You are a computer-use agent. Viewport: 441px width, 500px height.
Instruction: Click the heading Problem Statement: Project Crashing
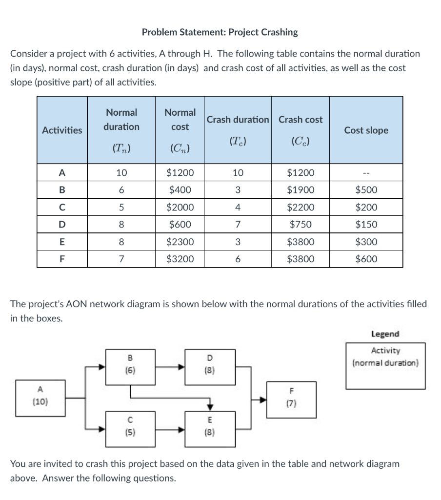220,32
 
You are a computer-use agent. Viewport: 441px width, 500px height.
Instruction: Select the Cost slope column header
366,130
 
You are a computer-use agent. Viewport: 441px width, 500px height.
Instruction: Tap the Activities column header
62,130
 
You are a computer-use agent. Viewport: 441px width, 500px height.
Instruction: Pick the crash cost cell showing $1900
301,190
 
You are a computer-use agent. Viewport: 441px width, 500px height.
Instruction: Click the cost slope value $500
366,190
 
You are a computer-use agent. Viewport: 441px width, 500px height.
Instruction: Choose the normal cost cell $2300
180,242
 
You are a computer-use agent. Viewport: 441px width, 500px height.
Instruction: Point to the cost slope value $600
366,259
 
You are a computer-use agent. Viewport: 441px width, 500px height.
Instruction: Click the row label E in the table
62,242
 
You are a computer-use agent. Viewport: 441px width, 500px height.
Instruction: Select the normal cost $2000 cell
180,207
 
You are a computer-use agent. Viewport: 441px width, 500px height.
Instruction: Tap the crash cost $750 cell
301,225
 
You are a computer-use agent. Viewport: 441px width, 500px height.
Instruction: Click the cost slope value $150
366,225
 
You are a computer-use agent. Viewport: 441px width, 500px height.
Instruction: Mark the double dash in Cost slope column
366,173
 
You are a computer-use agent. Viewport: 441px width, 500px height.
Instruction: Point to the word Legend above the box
385,334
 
